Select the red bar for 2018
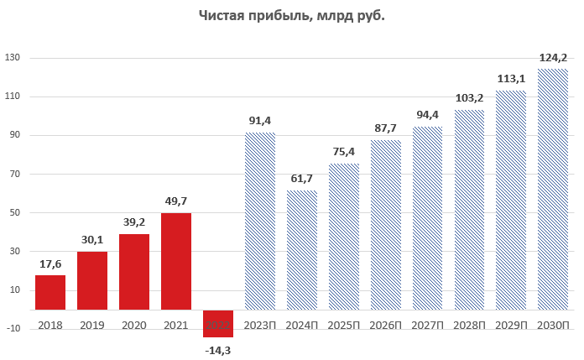point(50,293)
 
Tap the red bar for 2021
point(176,262)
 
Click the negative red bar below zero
point(218,324)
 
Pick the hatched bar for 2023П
point(260,222)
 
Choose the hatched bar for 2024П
point(302,250)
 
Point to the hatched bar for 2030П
point(553,190)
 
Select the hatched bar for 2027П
point(427,218)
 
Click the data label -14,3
point(218,349)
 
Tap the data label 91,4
point(260,122)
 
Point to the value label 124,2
point(553,58)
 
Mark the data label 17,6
point(50,264)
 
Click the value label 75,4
point(344,153)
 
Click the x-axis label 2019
point(92,324)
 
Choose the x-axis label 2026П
point(385,324)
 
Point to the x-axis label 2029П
point(511,324)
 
